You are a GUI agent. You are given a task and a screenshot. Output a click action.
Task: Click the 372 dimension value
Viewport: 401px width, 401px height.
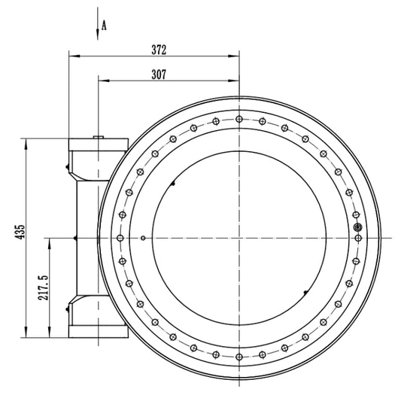[x=159, y=50]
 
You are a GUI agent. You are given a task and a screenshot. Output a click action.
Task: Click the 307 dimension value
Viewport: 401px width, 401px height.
[x=159, y=74]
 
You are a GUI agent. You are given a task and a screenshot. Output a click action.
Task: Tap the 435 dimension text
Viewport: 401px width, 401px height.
[x=20, y=232]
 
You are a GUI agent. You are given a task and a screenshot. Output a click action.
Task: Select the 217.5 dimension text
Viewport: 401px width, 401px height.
[x=43, y=287]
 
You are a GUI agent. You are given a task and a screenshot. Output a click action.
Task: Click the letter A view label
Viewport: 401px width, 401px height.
[x=104, y=26]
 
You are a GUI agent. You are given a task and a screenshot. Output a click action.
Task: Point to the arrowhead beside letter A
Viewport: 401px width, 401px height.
[x=98, y=35]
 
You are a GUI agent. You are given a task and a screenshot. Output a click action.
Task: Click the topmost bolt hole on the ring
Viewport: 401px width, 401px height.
[x=239, y=119]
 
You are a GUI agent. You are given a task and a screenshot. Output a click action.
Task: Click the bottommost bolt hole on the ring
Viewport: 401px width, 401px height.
[x=239, y=357]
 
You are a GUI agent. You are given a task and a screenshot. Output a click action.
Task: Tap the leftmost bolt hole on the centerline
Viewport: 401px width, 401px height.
[x=120, y=238]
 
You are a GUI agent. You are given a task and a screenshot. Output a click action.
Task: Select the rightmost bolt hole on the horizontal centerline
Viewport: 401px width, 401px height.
[x=358, y=238]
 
